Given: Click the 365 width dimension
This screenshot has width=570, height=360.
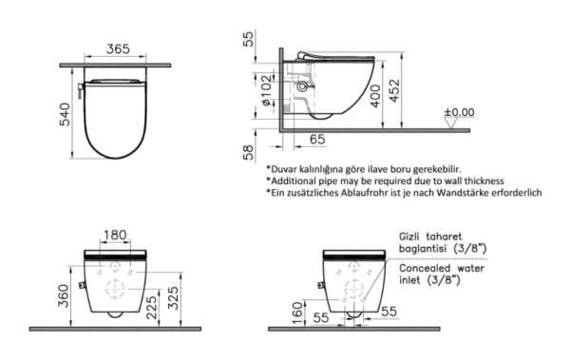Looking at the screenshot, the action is coord(118,48).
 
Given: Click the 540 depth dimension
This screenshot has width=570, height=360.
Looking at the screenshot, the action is coord(65,115).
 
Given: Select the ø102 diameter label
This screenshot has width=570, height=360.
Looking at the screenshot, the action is coord(266,90).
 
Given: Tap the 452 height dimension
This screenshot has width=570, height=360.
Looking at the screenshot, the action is coord(394,90).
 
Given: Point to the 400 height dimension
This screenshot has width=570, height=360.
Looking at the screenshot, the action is coord(375,96).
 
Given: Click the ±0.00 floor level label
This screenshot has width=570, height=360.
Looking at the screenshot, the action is coord(460,112).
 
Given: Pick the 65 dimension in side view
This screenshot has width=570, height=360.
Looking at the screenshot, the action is coord(317,139).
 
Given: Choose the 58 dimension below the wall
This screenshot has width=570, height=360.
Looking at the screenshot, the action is coord(248,152).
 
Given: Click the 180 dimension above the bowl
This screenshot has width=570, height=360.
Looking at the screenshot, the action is coord(115,235).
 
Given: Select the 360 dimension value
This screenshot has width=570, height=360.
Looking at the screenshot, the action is coord(64,295).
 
